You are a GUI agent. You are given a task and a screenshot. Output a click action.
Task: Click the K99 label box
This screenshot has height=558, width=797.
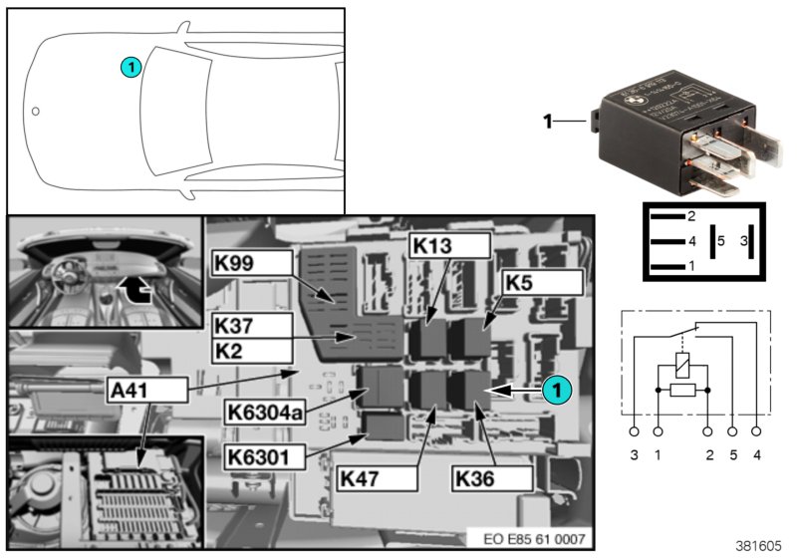(x=252, y=263)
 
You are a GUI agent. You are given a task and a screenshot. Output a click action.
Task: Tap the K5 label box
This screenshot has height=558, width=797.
(x=541, y=282)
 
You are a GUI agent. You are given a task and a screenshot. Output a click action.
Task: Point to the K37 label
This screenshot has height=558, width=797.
(x=252, y=326)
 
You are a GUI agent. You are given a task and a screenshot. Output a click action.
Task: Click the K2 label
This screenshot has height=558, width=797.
(x=252, y=351)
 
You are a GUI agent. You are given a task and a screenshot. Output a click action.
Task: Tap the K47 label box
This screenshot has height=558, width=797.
(x=377, y=478)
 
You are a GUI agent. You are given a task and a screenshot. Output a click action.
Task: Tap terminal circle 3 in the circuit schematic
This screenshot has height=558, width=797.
(x=635, y=432)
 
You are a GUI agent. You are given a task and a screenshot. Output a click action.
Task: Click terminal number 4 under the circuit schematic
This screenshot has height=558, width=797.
(x=758, y=455)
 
